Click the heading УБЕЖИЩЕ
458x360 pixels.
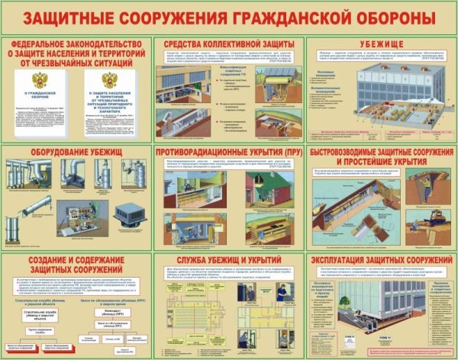click(379, 44)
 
